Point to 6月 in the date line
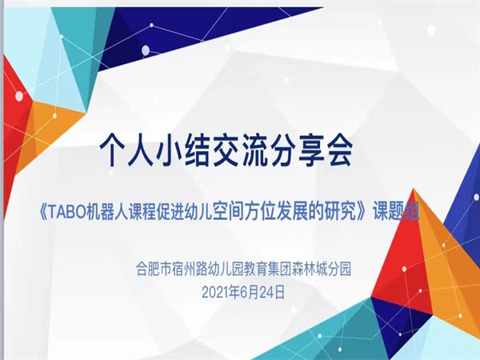(x=250, y=293)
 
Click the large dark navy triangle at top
(x=171, y=34)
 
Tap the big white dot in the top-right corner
(x=431, y=30)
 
